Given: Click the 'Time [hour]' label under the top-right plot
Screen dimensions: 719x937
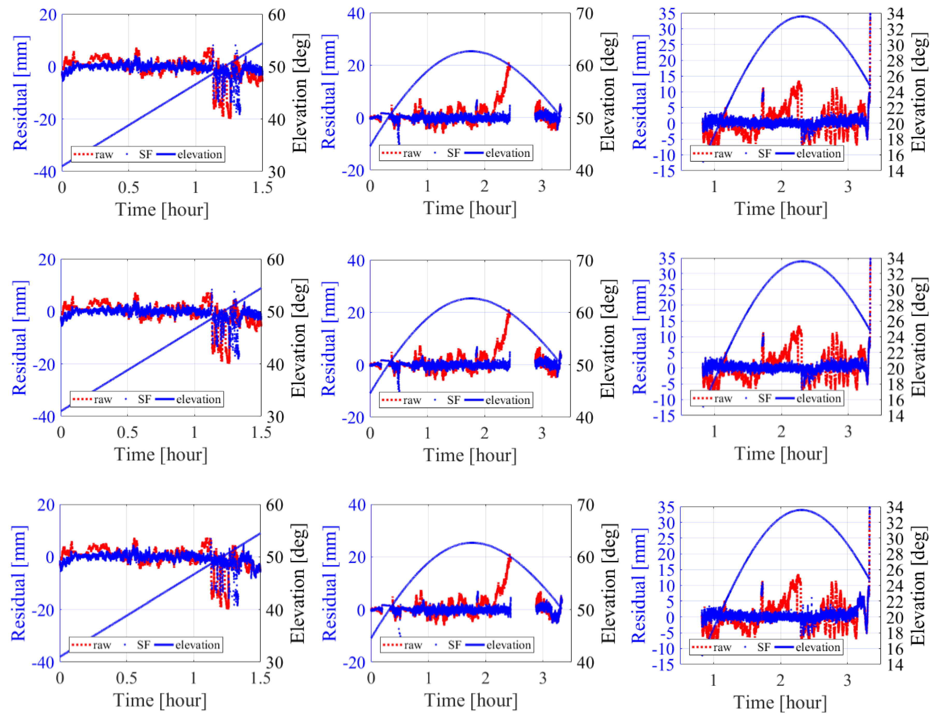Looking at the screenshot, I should point(781,209).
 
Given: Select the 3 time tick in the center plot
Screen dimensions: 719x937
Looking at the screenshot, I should point(542,433).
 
